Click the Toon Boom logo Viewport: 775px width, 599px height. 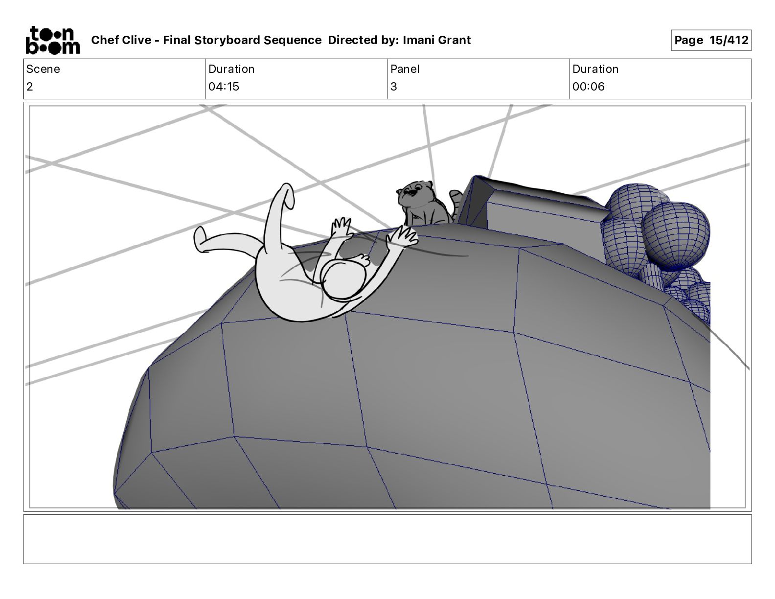52,40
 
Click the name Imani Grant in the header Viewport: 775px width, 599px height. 436,40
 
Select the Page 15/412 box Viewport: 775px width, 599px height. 711,40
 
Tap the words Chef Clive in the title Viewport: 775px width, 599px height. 121,40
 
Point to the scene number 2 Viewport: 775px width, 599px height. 30,87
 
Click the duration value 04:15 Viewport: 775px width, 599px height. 224,87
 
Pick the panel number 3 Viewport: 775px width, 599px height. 394,87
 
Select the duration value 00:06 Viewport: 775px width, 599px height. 589,87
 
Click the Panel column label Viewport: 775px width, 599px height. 405,69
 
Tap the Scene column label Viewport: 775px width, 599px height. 43,69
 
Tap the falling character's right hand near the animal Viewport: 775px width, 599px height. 404,236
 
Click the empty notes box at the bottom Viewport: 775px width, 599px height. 387,539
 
